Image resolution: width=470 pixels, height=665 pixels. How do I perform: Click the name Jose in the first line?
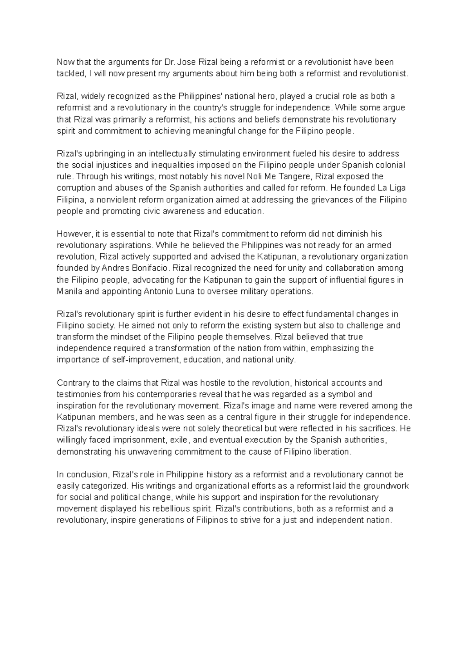pyautogui.click(x=189, y=62)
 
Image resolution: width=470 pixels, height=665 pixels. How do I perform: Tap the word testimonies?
pyautogui.click(x=78, y=394)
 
